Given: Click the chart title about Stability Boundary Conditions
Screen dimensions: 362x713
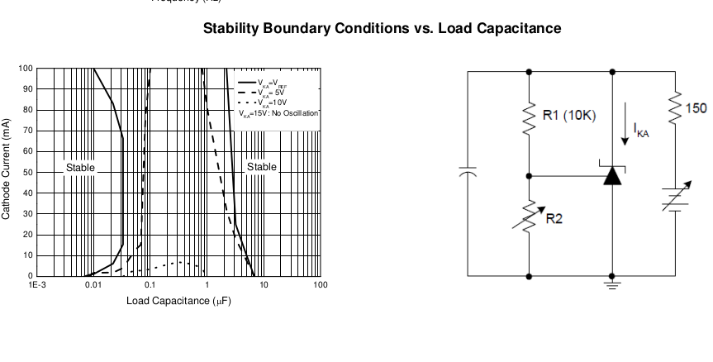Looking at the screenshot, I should click(382, 28).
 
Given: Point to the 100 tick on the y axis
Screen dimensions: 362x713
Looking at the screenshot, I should click(27, 68).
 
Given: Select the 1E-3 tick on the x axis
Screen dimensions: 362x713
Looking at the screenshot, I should click(38, 284).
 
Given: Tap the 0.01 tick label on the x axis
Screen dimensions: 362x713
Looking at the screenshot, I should click(93, 284).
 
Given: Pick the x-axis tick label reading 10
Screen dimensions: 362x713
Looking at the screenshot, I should click(264, 284).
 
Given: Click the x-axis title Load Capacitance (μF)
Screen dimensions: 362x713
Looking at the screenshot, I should click(178, 300).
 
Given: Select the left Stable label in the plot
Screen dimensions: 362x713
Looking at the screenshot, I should click(80, 167).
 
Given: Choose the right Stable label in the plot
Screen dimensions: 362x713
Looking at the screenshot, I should click(262, 167).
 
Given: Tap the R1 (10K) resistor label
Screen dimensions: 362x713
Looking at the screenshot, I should click(568, 115).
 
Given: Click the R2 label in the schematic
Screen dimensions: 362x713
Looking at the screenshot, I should click(554, 218).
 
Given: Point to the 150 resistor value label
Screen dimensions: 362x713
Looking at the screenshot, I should click(696, 108).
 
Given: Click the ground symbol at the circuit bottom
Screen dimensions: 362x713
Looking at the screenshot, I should click(611, 283).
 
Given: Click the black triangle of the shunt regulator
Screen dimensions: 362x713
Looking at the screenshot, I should click(611, 175).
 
